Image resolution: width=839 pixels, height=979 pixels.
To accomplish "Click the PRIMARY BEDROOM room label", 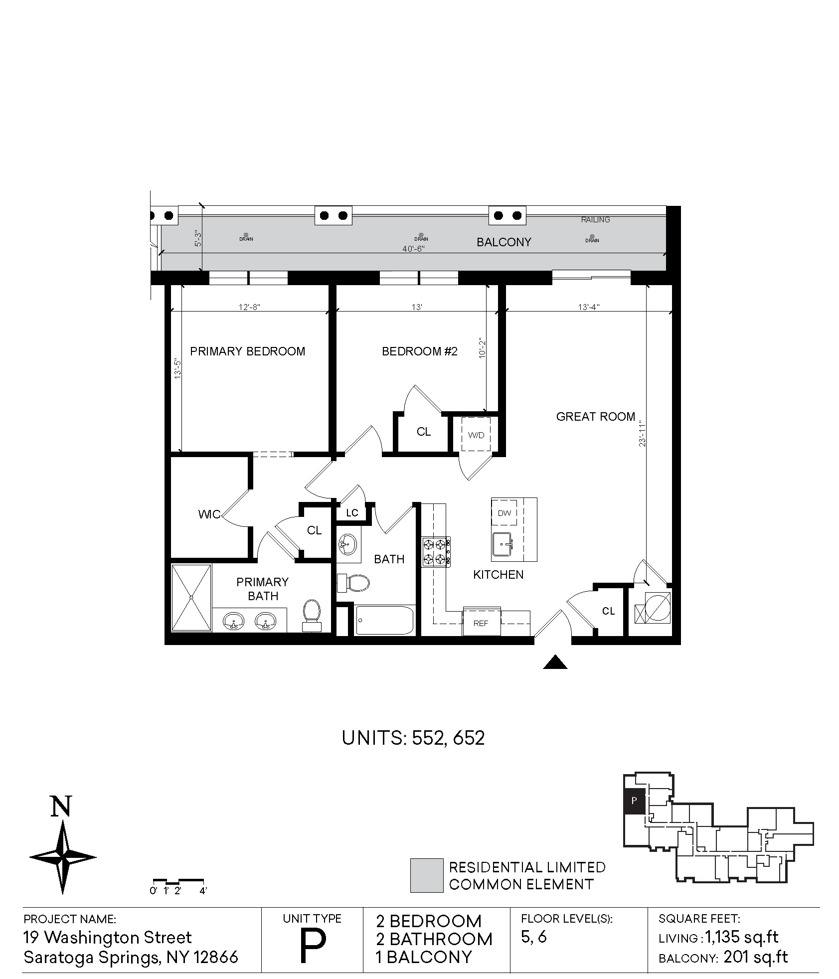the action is point(247,351).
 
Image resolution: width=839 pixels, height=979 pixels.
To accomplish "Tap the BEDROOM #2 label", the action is point(419,351).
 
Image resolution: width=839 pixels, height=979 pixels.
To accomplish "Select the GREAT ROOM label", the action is point(596,417).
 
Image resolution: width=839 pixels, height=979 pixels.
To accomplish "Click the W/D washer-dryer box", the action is point(476,435).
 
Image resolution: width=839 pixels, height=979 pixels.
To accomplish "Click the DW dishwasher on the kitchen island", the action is point(504,513).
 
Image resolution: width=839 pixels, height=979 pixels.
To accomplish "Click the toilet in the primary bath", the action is point(312,616).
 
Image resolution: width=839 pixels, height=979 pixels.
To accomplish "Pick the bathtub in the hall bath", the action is point(385,620).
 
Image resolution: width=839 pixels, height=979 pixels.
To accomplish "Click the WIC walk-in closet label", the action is point(209,514).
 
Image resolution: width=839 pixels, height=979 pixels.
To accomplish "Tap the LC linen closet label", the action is point(352,513).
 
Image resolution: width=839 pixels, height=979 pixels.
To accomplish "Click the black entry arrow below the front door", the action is point(555,662).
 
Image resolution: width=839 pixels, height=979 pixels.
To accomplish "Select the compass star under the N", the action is point(63,857).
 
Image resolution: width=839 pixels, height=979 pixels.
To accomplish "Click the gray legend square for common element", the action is point(426,875).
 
